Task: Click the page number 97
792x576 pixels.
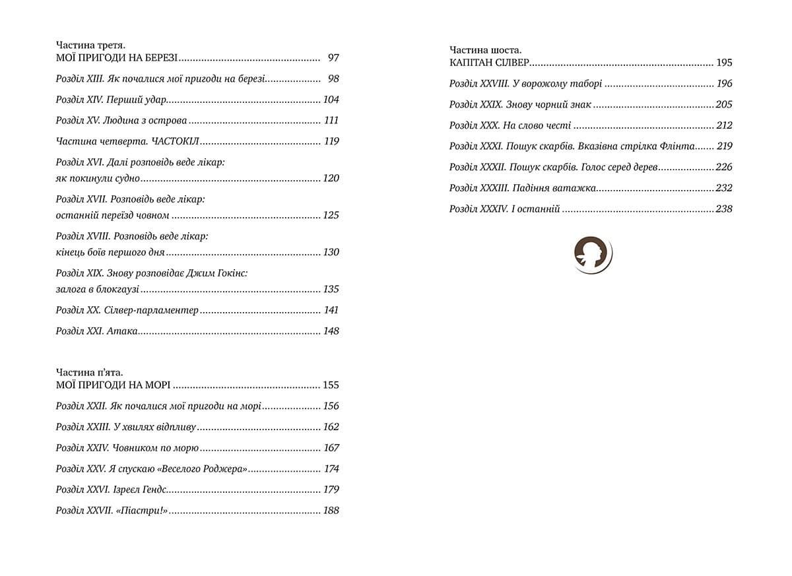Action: pos(333,58)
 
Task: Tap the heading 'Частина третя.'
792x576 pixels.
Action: pos(91,46)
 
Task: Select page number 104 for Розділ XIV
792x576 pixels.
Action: pos(331,100)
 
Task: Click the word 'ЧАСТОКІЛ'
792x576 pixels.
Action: pos(176,141)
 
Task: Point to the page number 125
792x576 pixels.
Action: pos(331,215)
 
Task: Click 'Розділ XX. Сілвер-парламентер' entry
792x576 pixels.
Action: pos(127,310)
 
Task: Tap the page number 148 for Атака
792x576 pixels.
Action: pos(331,331)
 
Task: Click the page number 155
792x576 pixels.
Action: pos(331,385)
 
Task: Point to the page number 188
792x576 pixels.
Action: pos(331,511)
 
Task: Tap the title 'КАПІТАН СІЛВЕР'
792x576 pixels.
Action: pos(489,63)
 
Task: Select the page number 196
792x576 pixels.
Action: pos(724,84)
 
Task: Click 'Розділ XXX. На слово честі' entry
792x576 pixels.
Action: pos(510,125)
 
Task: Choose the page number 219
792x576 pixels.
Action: pos(724,146)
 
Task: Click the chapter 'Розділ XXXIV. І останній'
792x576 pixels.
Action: pos(505,209)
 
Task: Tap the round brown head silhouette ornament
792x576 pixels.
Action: pos(592,254)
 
